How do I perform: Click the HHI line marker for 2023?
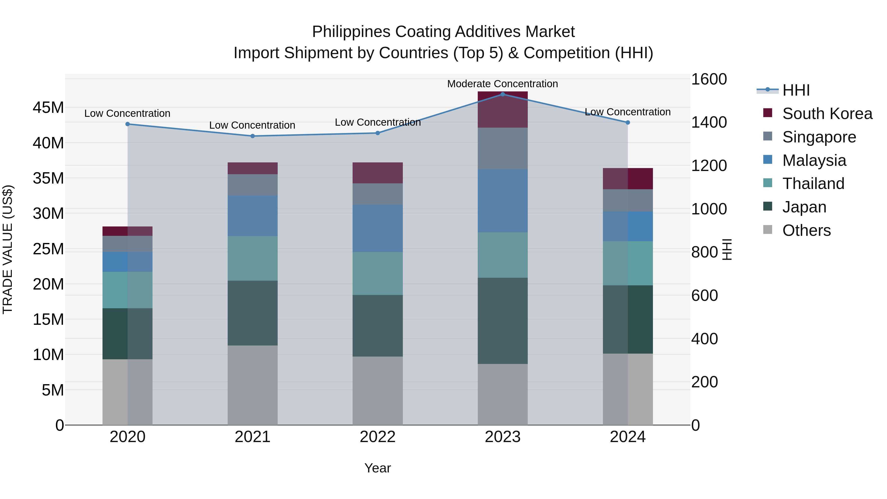(x=502, y=94)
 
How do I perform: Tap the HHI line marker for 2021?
(x=252, y=136)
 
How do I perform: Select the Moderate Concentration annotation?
(x=502, y=84)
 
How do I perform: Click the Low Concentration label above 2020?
(x=127, y=113)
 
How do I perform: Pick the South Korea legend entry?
(x=827, y=114)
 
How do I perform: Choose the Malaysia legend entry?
(x=814, y=160)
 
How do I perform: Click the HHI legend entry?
(x=796, y=90)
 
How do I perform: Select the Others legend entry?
(x=806, y=230)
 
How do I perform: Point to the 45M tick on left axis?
(x=48, y=108)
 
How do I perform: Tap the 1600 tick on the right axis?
(x=709, y=79)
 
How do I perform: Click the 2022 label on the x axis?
(x=377, y=437)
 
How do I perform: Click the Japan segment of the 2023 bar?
(x=502, y=320)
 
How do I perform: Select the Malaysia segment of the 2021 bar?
(x=252, y=216)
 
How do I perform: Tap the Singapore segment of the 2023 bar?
(x=502, y=148)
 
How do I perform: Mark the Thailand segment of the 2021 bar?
(x=252, y=258)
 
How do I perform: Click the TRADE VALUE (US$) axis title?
(x=8, y=249)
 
